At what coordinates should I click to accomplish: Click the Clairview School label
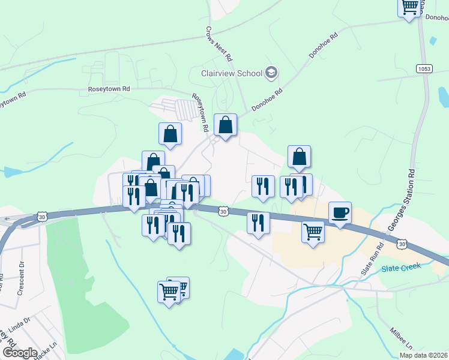[x=231, y=73]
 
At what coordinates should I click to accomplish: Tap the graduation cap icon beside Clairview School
[x=271, y=73]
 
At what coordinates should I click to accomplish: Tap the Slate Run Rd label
[x=372, y=259]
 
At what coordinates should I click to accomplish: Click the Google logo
[x=19, y=353]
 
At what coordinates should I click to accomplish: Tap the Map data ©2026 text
[x=423, y=355]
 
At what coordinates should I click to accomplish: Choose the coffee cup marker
[x=340, y=212]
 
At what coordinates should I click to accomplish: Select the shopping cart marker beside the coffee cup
[x=313, y=231]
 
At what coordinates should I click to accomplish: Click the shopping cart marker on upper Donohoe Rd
[x=410, y=7]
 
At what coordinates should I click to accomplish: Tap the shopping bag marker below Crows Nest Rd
[x=225, y=125]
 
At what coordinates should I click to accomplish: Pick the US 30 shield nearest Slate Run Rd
[x=401, y=243]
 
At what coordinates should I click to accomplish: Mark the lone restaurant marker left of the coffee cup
[x=258, y=223]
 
